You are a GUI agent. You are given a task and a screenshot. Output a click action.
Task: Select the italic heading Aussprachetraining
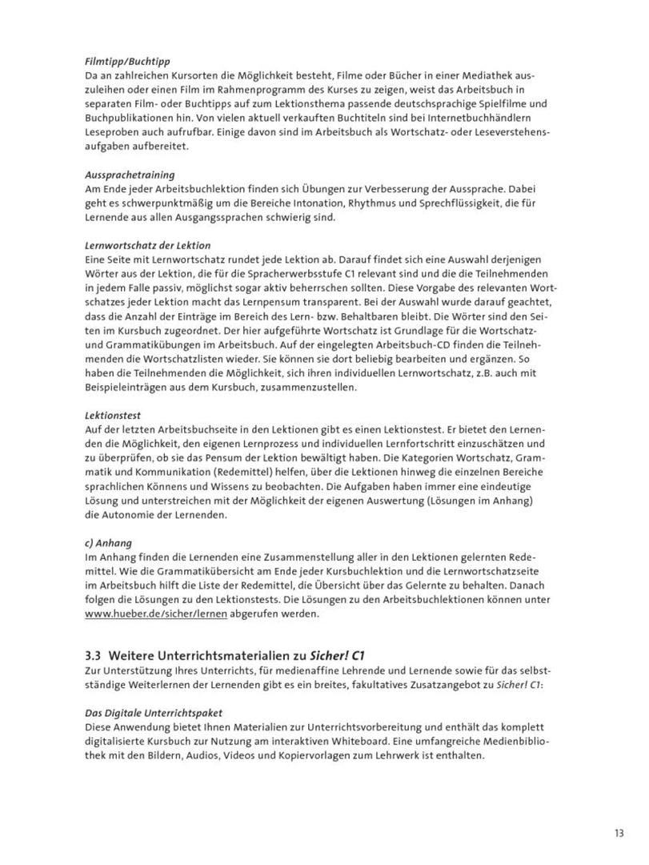pyautogui.click(x=130, y=174)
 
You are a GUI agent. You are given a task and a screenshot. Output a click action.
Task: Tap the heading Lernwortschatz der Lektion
pyautogui.click(x=147, y=245)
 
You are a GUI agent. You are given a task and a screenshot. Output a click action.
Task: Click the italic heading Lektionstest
pyautogui.click(x=114, y=416)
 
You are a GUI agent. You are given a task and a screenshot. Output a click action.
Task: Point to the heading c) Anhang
pyautogui.click(x=109, y=543)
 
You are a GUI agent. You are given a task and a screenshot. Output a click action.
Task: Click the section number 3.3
pyautogui.click(x=94, y=654)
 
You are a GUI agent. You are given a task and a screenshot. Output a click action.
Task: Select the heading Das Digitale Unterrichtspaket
pyautogui.click(x=154, y=712)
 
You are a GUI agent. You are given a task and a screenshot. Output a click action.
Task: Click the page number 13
pyautogui.click(x=619, y=832)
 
